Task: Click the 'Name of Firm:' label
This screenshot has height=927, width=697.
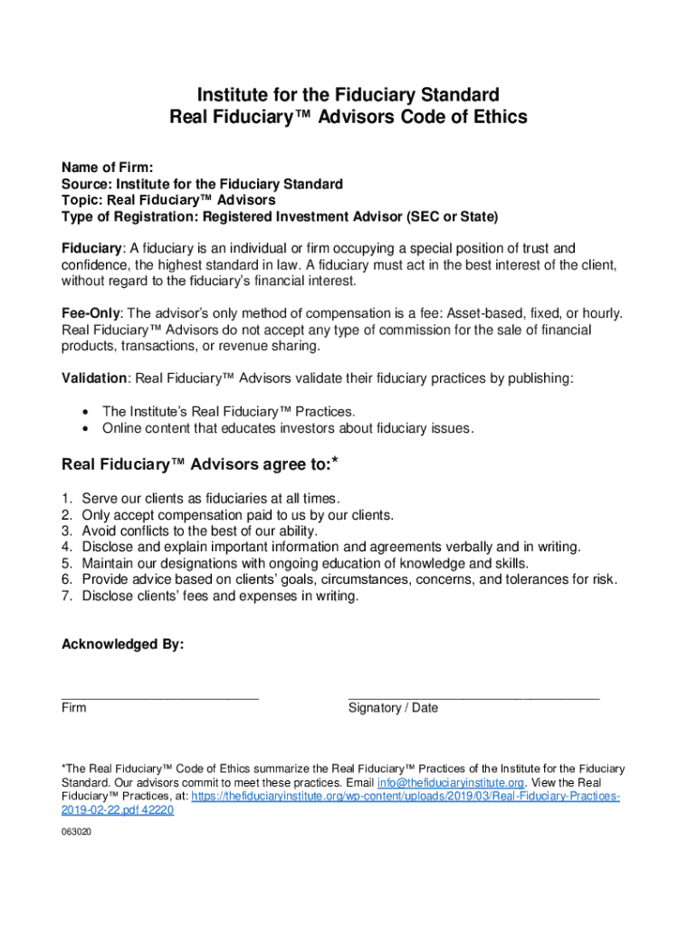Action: (107, 167)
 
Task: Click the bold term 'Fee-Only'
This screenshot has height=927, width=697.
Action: (91, 313)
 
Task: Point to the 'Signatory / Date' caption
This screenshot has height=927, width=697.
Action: (393, 708)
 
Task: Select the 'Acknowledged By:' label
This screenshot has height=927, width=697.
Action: (122, 645)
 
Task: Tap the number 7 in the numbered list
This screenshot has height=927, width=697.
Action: (66, 597)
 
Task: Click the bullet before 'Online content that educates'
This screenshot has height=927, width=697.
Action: (85, 428)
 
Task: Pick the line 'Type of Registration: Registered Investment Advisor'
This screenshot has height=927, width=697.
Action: (280, 217)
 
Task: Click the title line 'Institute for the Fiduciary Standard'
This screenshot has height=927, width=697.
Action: (348, 94)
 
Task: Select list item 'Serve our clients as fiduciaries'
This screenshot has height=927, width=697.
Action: (210, 499)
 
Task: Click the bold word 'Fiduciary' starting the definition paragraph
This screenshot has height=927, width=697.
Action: (91, 248)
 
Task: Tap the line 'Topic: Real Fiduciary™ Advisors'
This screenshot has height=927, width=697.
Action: (168, 200)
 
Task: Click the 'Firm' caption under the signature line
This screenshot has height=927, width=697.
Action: (73, 708)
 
